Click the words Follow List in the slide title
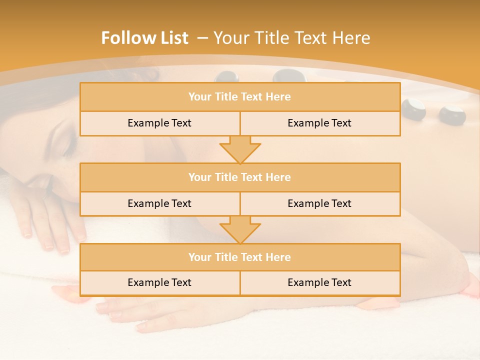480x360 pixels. [x=145, y=38]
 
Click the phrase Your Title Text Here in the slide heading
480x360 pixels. [x=292, y=38]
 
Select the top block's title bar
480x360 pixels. [x=240, y=97]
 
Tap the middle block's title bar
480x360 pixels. [x=240, y=177]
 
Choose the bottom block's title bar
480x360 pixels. [x=240, y=257]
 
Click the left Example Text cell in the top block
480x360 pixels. [x=159, y=123]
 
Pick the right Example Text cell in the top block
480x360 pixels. [x=320, y=123]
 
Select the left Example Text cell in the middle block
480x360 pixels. [x=159, y=203]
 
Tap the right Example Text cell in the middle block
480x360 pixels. [x=320, y=203]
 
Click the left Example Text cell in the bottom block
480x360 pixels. [x=159, y=282]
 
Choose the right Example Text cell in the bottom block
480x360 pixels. [x=320, y=282]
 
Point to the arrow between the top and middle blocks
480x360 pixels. [x=240, y=149]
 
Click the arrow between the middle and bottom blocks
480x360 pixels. [x=240, y=229]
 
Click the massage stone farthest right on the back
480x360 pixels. [x=452, y=115]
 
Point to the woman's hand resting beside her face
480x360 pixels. [x=47, y=220]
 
